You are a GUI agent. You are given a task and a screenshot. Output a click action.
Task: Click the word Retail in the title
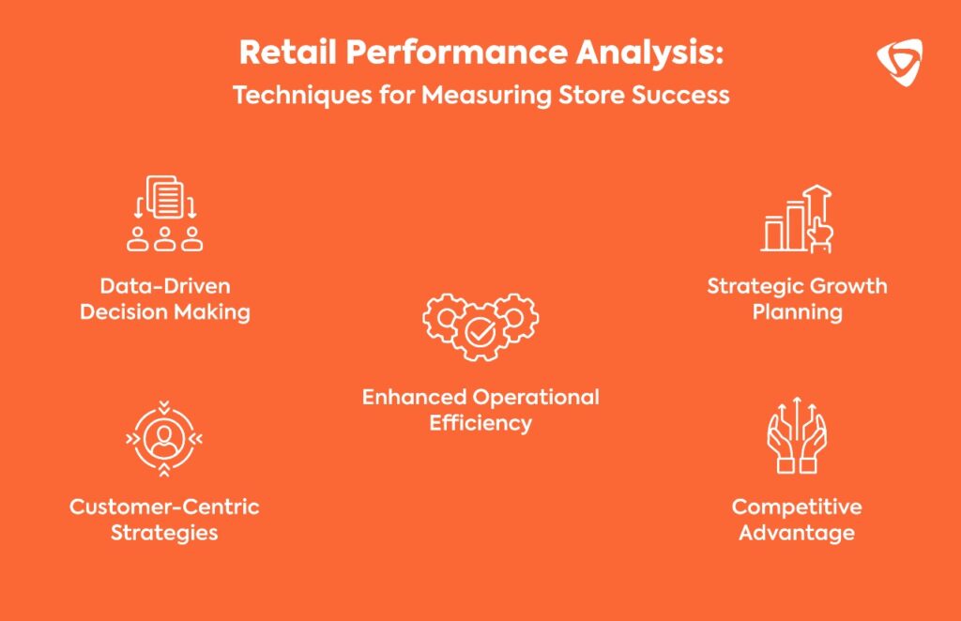pyautogui.click(x=287, y=52)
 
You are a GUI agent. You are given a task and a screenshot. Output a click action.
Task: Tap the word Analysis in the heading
pyautogui.click(x=649, y=53)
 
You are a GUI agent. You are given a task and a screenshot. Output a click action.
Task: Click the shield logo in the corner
pyautogui.click(x=899, y=62)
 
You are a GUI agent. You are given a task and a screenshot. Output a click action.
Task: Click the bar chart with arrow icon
pyautogui.click(x=797, y=219)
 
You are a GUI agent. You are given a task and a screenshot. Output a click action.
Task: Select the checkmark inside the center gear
pyautogui.click(x=481, y=333)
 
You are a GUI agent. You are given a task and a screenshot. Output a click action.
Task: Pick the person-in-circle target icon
pyautogui.click(x=164, y=438)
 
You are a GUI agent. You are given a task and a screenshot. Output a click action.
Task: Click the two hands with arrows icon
pyautogui.click(x=797, y=435)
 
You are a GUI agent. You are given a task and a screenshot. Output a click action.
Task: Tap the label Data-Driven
pyautogui.click(x=165, y=286)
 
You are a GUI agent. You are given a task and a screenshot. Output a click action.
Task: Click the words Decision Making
pyautogui.click(x=165, y=312)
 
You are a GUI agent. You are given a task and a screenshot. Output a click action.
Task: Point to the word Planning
pyautogui.click(x=798, y=312)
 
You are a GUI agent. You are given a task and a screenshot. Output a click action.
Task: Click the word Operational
pyautogui.click(x=536, y=398)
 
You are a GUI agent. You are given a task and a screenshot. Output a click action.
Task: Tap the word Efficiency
pyautogui.click(x=480, y=423)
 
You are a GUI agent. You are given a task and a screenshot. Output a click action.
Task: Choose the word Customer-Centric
pyautogui.click(x=164, y=507)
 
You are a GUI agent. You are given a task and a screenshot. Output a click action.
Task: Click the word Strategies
pyautogui.click(x=164, y=533)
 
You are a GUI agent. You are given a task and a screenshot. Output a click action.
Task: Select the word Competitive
pyautogui.click(x=797, y=507)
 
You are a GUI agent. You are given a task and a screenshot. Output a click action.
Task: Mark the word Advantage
pyautogui.click(x=797, y=533)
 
